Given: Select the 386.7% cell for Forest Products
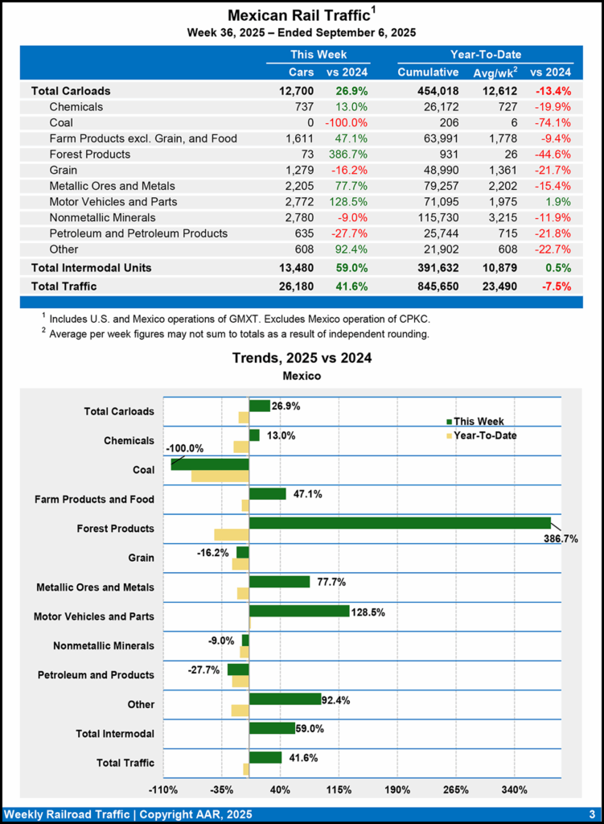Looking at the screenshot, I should pyautogui.click(x=347, y=154).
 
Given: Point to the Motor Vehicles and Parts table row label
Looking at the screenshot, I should pyautogui.click(x=113, y=201).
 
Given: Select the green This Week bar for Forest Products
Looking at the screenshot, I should pyautogui.click(x=400, y=523).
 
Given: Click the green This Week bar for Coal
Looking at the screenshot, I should pyautogui.click(x=210, y=464).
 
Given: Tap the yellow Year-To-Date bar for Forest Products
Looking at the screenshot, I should pyautogui.click(x=232, y=535).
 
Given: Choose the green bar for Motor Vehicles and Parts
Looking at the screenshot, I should pyautogui.click(x=299, y=611).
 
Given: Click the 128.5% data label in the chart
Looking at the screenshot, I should pyautogui.click(x=368, y=612).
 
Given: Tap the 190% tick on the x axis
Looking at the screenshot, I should pyautogui.click(x=397, y=789).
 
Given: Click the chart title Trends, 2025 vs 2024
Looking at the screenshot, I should pyautogui.click(x=302, y=357).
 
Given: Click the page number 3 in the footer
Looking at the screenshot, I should pyautogui.click(x=591, y=814).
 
